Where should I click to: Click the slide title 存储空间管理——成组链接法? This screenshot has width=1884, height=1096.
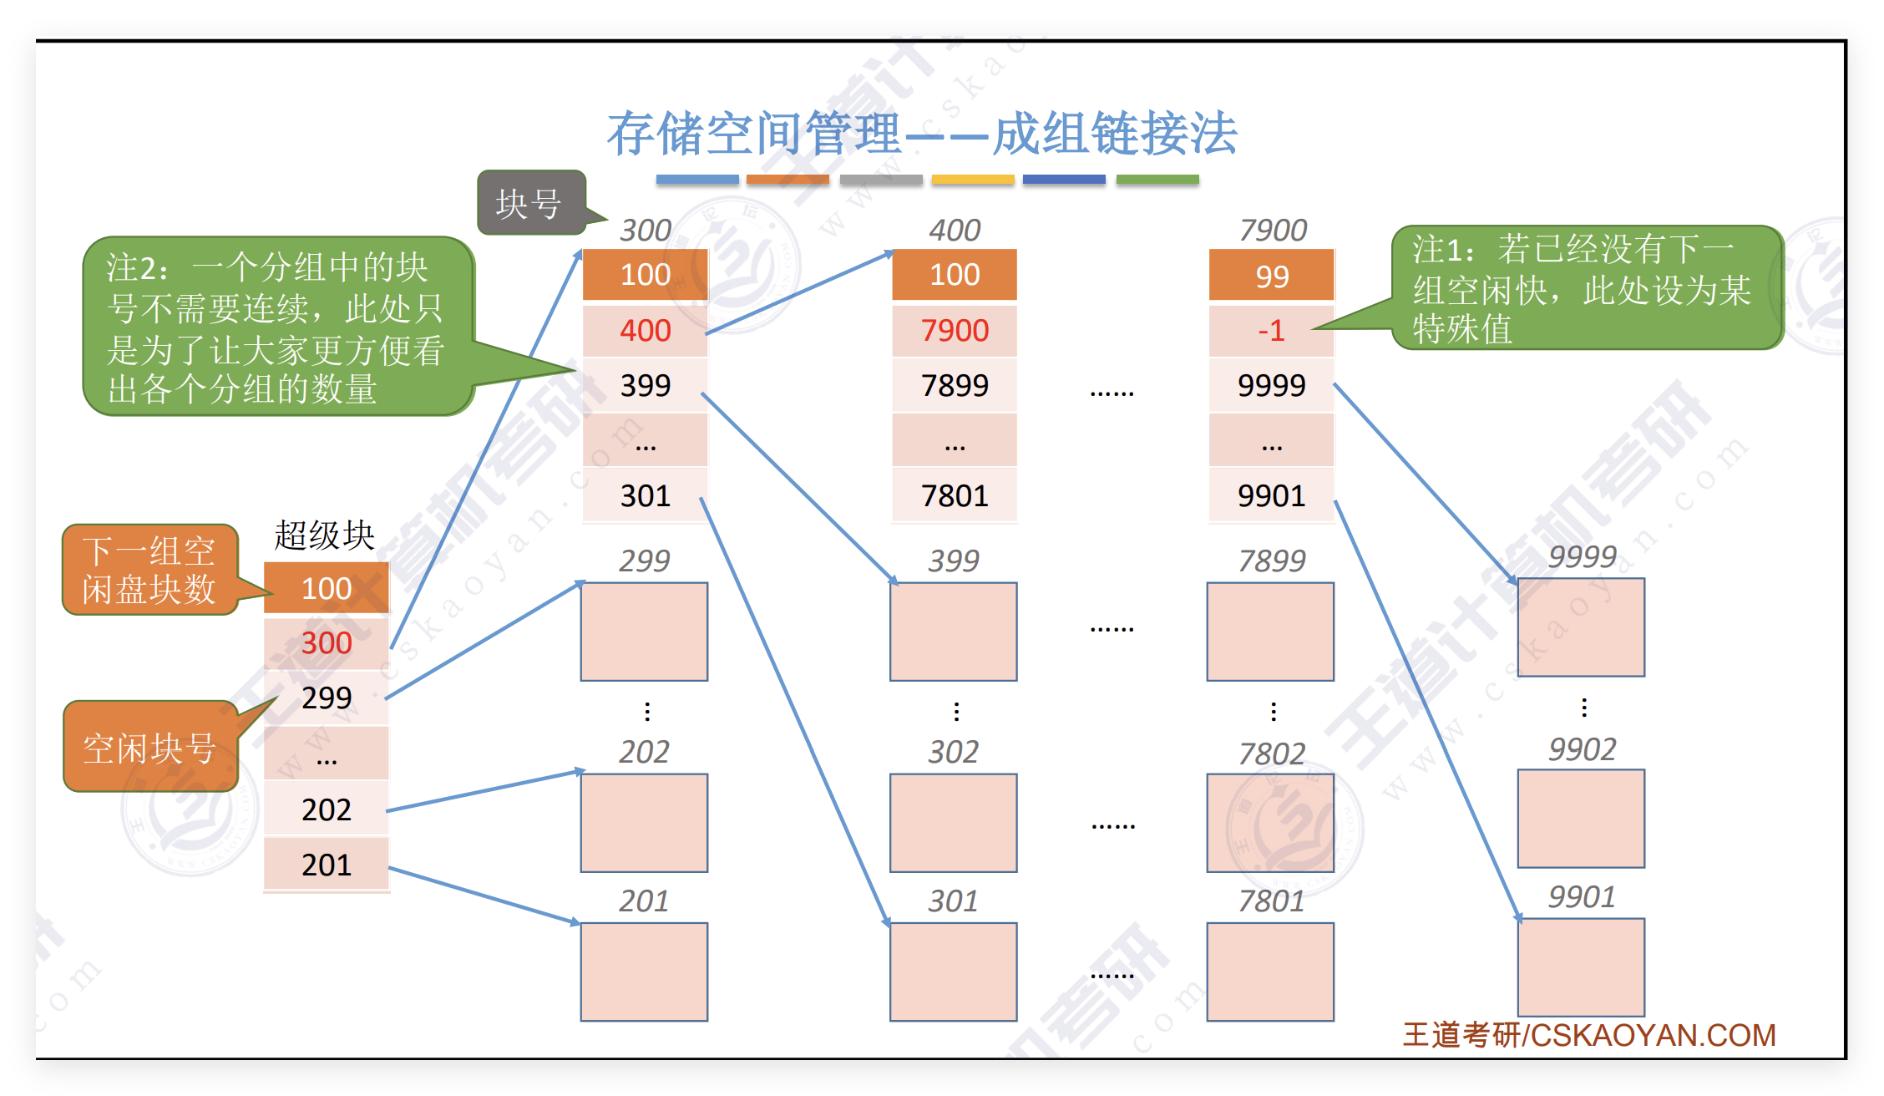(921, 134)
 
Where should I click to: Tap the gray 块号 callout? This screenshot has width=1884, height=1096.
(530, 203)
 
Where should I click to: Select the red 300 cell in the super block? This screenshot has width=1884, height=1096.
(327, 643)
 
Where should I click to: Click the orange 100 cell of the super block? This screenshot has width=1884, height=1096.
(327, 589)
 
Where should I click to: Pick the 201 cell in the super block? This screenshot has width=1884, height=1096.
(327, 865)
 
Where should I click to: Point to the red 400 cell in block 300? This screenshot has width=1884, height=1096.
(645, 331)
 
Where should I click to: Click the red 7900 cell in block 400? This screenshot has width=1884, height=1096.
(955, 331)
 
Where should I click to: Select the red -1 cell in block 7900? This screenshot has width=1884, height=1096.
(1271, 331)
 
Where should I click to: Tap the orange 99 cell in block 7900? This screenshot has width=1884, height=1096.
(1271, 277)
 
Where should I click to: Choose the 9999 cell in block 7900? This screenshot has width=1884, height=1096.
(1271, 385)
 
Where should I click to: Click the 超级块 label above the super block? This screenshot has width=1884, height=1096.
(324, 535)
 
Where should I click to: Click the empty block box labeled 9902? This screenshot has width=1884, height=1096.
(1581, 819)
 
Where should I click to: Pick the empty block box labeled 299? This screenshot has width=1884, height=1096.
(644, 632)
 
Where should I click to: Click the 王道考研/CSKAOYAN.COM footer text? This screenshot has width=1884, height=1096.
(1588, 1036)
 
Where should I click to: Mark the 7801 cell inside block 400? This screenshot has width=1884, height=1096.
(955, 496)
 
